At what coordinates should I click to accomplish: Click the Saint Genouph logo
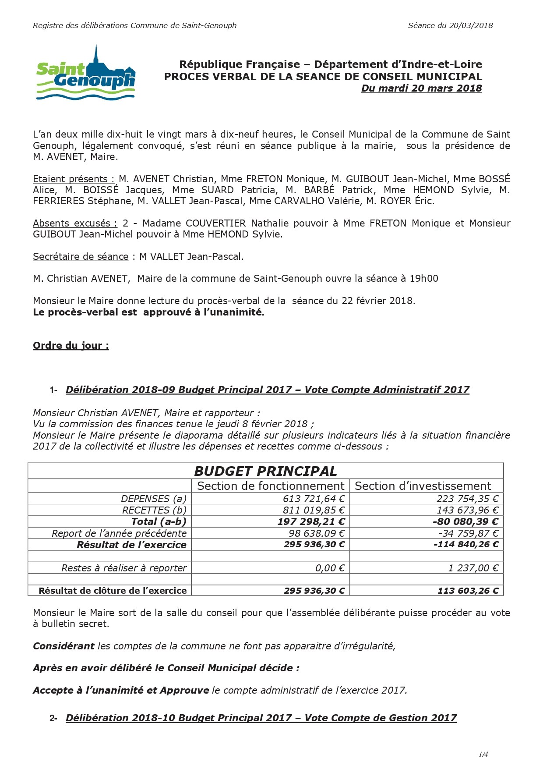coord(86,74)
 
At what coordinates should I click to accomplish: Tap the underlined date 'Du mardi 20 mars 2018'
coord(421,88)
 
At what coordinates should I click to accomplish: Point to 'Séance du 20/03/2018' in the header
coord(450,25)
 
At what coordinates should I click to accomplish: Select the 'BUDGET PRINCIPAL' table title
coord(265,471)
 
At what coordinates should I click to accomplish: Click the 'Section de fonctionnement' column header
coord(271,486)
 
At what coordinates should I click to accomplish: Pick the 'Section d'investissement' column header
coord(423,486)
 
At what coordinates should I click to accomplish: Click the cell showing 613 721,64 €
coord(314,499)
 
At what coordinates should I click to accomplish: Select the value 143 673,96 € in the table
coord(467,510)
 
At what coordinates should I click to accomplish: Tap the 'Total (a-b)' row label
coord(159,521)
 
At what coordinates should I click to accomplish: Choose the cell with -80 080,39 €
coord(465,521)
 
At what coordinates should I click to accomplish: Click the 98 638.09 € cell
coord(317,533)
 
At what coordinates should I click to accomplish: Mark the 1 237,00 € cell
coord(473,568)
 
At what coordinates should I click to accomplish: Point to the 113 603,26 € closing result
coord(468,591)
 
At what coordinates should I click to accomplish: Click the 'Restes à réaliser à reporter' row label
coord(124,568)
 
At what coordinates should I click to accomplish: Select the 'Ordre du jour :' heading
coord(71,345)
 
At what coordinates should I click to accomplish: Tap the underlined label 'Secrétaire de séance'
coord(81,256)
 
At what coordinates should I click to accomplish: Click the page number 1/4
coord(483,754)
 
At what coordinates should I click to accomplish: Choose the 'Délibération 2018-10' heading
coord(261,718)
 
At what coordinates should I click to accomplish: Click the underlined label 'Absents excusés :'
coord(75,223)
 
